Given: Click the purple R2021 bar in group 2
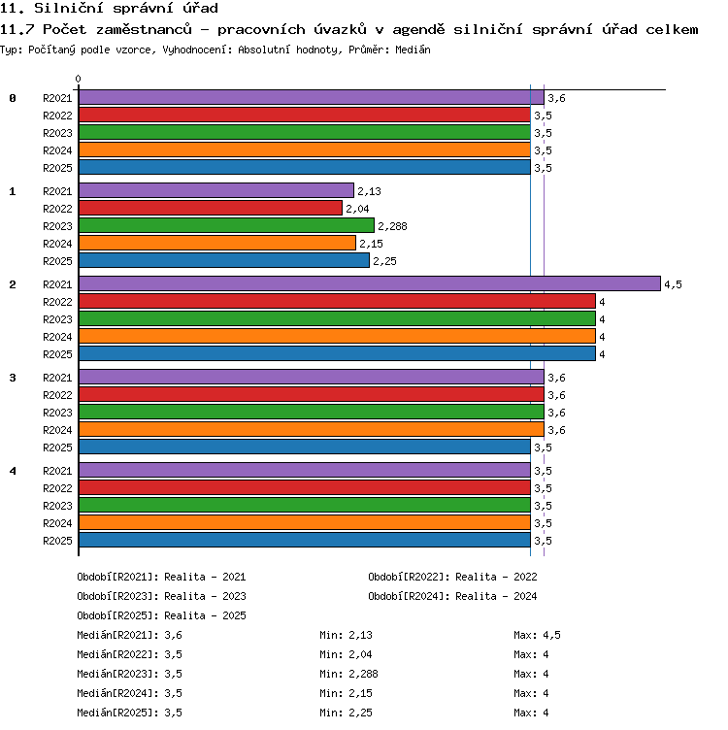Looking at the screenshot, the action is [x=370, y=283].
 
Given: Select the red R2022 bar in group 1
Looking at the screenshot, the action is [x=211, y=208].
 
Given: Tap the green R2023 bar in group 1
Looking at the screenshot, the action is [x=227, y=225].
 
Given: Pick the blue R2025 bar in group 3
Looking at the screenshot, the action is [x=305, y=447].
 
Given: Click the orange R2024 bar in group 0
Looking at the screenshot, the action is [x=305, y=149].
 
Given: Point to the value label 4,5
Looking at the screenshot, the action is [x=673, y=284].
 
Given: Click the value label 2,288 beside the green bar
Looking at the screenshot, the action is [x=392, y=226].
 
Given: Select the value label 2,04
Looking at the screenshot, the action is [x=357, y=209].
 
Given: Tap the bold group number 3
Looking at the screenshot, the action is [x=13, y=378].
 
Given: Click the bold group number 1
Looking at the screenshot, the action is [x=13, y=191].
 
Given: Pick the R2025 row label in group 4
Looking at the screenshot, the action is [x=57, y=541].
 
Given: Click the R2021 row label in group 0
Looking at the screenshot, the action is [x=57, y=98].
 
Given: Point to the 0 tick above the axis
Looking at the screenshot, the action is [x=79, y=79].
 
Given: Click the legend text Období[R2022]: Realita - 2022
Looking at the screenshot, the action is [x=452, y=577].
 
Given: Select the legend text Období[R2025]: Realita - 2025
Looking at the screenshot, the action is [x=161, y=615].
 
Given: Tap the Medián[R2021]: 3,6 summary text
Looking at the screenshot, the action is [x=129, y=635].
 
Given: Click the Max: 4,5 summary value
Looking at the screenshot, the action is [x=537, y=635].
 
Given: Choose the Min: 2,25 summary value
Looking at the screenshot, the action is [x=346, y=713].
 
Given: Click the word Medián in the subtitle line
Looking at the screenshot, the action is [x=413, y=50].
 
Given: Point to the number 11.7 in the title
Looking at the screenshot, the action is [x=17, y=29].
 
